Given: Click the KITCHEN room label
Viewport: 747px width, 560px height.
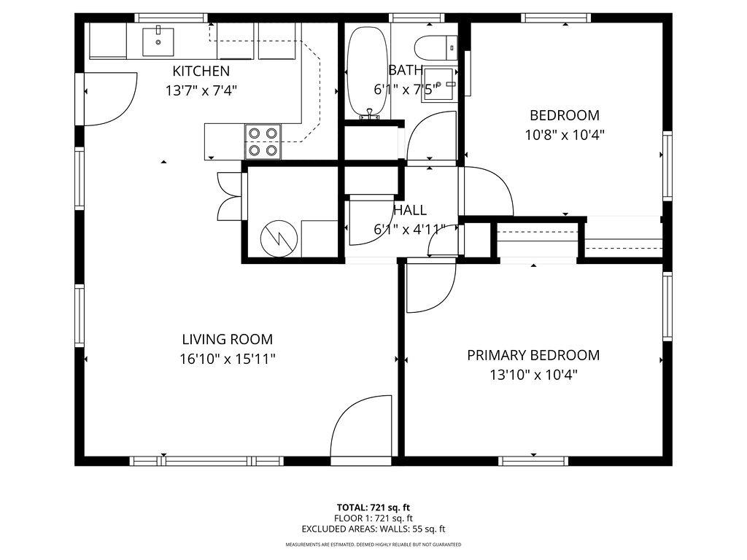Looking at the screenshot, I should click(x=201, y=71).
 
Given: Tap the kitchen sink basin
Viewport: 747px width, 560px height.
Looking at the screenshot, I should click(x=158, y=41).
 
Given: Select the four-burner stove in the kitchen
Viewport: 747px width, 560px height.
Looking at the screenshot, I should click(x=263, y=141).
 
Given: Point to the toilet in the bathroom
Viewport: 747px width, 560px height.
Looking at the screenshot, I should click(x=435, y=48).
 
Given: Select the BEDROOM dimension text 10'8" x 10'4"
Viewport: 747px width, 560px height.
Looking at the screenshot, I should click(x=565, y=134).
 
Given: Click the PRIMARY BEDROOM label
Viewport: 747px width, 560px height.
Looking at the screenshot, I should click(x=533, y=355).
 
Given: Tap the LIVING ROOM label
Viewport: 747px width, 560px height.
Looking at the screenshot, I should click(x=227, y=339).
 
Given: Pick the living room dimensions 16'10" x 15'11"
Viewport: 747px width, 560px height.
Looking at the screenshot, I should click(x=227, y=359).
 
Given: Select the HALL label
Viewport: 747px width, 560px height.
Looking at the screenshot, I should click(x=410, y=210).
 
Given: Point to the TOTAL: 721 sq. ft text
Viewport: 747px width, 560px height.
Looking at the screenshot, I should click(x=373, y=507).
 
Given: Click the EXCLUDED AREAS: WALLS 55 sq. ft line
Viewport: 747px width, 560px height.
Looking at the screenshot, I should click(x=373, y=529).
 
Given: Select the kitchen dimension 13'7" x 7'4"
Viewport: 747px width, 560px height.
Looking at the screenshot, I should click(x=201, y=90).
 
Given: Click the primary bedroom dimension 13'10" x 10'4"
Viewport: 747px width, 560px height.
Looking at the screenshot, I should click(x=533, y=375).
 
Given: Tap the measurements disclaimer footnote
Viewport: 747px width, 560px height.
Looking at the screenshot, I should click(x=373, y=545).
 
